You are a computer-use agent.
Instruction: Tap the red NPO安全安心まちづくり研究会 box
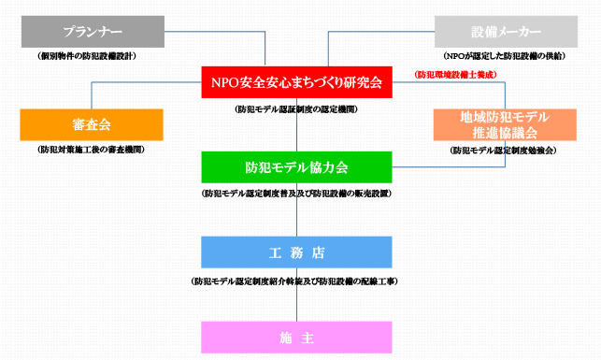point(296,83)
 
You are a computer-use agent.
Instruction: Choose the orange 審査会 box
point(92,124)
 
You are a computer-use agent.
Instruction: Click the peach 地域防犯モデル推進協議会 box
point(505,124)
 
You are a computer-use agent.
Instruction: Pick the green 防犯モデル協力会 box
point(296,167)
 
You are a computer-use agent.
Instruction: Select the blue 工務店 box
point(296,252)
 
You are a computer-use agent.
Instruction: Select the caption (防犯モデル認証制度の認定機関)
point(296,108)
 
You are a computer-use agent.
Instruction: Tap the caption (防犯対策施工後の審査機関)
point(92,150)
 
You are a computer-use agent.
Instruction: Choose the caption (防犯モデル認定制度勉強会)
point(504,150)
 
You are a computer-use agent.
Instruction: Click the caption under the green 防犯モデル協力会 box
point(296,194)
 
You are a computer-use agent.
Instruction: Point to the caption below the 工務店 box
point(296,280)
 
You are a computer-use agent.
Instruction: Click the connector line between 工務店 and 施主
point(296,304)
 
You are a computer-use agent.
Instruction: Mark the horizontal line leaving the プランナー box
point(187,32)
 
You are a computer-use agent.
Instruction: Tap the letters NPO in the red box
point(227,83)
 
